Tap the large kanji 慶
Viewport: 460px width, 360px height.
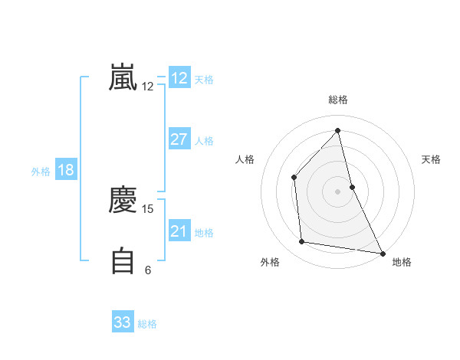pyautogui.click(x=123, y=201)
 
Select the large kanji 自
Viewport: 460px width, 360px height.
pyautogui.click(x=123, y=260)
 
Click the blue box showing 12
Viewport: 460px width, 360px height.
pyautogui.click(x=179, y=78)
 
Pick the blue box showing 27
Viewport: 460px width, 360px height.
pyautogui.click(x=179, y=139)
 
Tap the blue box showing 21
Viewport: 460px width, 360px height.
pyautogui.click(x=179, y=231)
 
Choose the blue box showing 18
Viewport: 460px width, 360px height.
pyautogui.click(x=66, y=170)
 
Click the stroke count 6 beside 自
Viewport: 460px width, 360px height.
pyautogui.click(x=148, y=270)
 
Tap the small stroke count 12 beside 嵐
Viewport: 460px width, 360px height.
pyautogui.click(x=148, y=87)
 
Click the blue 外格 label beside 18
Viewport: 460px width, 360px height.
pyautogui.click(x=41, y=172)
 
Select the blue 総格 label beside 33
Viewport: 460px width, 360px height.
pyautogui.click(x=147, y=324)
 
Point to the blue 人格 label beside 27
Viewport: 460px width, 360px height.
pyautogui.click(x=204, y=141)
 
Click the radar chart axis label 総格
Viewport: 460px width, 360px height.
pyautogui.click(x=337, y=100)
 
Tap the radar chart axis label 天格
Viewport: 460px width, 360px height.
pyautogui.click(x=432, y=159)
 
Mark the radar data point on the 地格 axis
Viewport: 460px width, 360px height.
pyautogui.click(x=382, y=253)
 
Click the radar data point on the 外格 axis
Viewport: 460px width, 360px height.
pyautogui.click(x=302, y=242)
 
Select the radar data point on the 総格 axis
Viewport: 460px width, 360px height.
pyautogui.click(x=337, y=130)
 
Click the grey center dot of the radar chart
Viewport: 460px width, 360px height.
pyautogui.click(x=337, y=191)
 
